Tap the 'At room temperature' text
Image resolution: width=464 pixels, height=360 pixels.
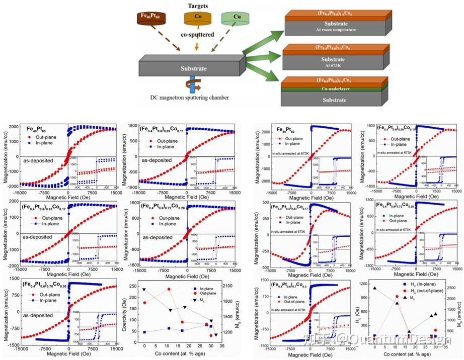(337, 30)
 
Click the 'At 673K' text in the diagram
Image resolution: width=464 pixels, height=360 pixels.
(337, 64)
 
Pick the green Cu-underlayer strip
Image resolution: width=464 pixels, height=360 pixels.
(337, 87)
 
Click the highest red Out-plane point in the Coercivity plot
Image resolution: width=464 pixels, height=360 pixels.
(169, 289)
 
